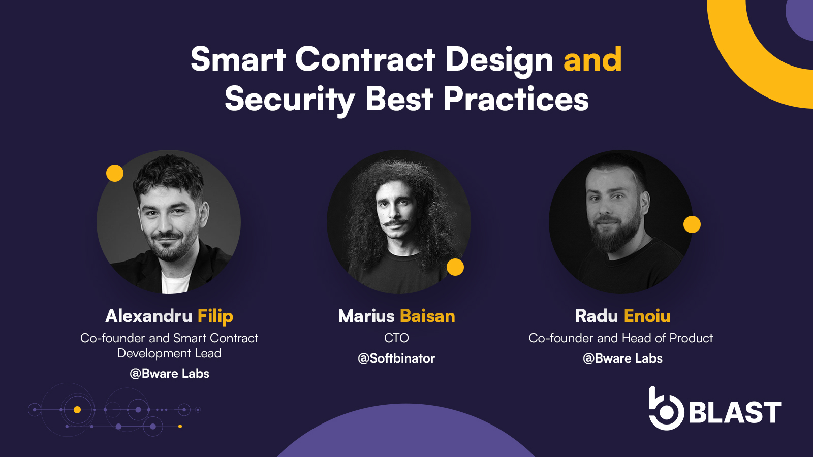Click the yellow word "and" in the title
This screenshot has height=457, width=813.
(x=592, y=59)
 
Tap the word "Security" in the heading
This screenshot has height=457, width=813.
(x=290, y=100)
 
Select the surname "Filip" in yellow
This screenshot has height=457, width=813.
(x=215, y=316)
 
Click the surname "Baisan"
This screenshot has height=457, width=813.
(x=427, y=316)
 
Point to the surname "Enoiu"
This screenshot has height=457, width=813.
(x=647, y=316)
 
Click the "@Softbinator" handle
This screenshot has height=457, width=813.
(x=396, y=358)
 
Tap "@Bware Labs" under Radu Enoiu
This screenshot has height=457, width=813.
(x=622, y=358)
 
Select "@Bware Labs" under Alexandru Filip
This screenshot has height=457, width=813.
(x=170, y=374)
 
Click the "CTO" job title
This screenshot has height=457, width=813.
(x=396, y=338)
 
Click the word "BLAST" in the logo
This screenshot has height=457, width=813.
(x=735, y=412)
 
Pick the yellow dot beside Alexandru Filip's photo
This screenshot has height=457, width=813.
(x=115, y=173)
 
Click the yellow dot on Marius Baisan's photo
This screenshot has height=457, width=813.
(x=455, y=267)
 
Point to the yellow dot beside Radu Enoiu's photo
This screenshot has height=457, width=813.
(x=692, y=224)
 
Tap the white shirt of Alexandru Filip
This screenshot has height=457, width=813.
(x=175, y=283)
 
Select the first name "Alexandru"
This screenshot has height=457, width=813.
(x=149, y=316)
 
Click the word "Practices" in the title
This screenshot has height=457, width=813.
(x=516, y=100)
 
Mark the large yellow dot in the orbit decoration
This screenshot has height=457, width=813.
(x=77, y=410)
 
